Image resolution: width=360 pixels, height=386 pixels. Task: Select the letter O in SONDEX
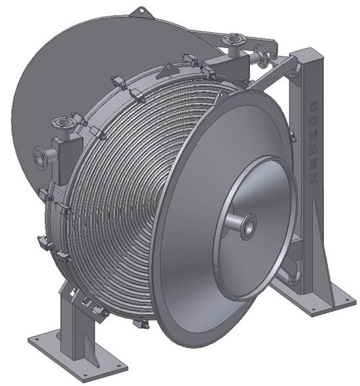click(314, 121)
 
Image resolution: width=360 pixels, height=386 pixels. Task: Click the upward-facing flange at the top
click(234, 41)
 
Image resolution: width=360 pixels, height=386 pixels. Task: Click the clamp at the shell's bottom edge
click(141, 324)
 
